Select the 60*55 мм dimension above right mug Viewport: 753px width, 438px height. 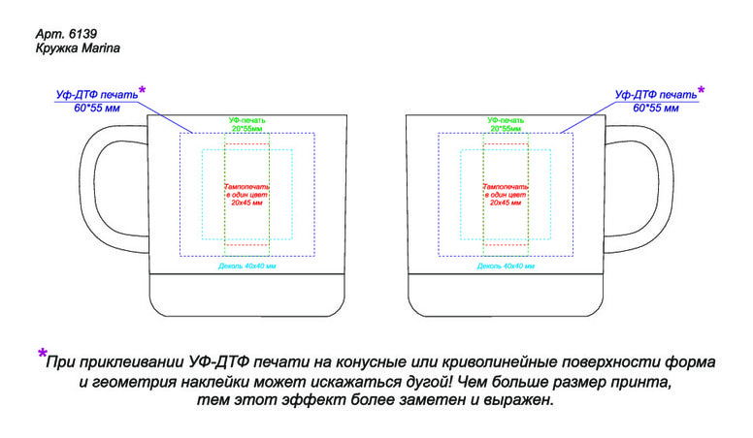click(656, 108)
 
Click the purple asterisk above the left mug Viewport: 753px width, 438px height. click(142, 90)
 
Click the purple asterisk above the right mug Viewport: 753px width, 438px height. click(702, 90)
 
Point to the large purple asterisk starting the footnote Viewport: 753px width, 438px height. click(42, 354)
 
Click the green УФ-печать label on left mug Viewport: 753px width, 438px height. click(247, 120)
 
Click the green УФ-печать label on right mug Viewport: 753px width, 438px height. click(507, 120)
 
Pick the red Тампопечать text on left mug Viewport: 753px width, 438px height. click(247, 185)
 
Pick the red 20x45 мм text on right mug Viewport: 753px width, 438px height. click(507, 203)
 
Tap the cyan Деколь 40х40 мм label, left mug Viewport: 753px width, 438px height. click(247, 266)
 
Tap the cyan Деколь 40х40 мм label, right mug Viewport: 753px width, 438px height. click(507, 266)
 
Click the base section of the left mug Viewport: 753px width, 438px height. click(246, 296)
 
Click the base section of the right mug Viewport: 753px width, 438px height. click(506, 296)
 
